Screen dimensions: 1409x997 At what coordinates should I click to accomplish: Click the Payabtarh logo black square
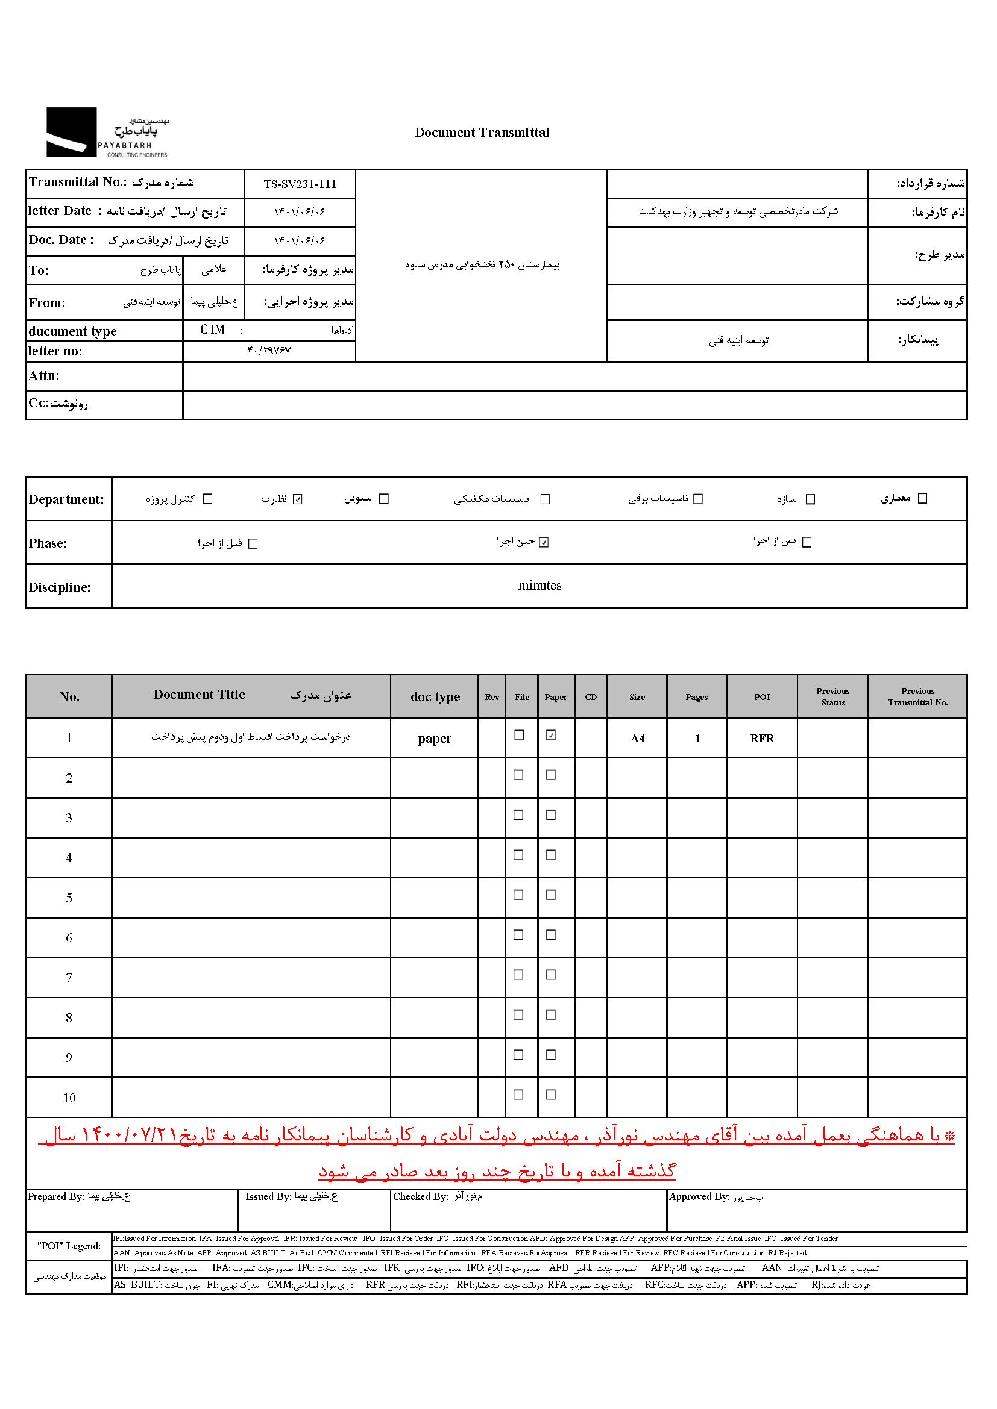tap(71, 132)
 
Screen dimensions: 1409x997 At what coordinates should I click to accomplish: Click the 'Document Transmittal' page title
tap(482, 133)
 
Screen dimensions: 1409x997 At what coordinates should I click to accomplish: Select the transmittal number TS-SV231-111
tap(300, 184)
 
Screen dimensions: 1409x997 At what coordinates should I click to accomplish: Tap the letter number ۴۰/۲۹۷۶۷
tap(269, 351)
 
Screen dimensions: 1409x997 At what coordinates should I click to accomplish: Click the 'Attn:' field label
tap(43, 376)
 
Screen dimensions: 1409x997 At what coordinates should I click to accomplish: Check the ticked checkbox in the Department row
tap(298, 499)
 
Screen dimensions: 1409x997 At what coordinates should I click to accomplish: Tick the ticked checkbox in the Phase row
tap(544, 542)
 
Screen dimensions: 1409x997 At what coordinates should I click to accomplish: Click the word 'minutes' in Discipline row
tap(539, 586)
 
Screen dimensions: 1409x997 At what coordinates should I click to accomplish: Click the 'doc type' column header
tap(435, 696)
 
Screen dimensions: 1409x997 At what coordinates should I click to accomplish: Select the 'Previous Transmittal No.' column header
tap(917, 696)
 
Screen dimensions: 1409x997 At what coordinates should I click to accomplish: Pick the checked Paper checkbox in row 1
tap(552, 735)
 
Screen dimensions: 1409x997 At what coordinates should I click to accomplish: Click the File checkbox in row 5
tap(519, 895)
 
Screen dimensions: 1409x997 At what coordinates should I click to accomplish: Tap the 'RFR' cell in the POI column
tap(762, 739)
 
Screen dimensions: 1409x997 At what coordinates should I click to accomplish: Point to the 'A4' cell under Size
tap(637, 739)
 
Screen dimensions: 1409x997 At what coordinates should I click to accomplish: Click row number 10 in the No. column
tap(69, 1098)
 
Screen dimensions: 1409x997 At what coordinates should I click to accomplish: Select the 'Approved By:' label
tap(699, 1197)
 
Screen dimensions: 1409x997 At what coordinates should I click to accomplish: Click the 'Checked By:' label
tap(421, 1197)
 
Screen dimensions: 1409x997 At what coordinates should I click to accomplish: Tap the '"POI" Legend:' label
tap(69, 1246)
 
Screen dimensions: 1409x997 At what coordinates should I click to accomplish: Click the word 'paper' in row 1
tap(435, 739)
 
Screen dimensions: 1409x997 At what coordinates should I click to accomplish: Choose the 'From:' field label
tap(46, 302)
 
